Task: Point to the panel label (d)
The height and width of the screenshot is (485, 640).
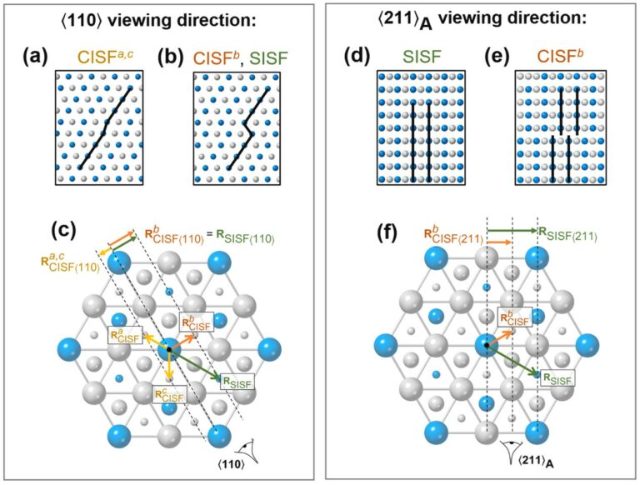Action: (x=357, y=57)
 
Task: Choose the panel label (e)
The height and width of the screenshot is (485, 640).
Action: (x=496, y=57)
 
